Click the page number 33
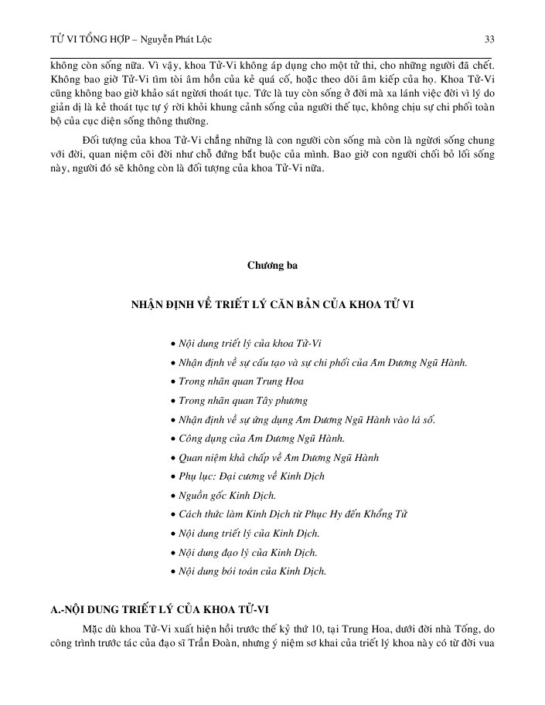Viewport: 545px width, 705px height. [x=489, y=39]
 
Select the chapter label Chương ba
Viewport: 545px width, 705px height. [x=272, y=266]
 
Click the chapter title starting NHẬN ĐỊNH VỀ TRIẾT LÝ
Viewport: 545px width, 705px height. [x=272, y=305]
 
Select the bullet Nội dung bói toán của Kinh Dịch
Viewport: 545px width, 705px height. [x=251, y=571]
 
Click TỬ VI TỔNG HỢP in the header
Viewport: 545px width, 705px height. [x=85, y=39]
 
